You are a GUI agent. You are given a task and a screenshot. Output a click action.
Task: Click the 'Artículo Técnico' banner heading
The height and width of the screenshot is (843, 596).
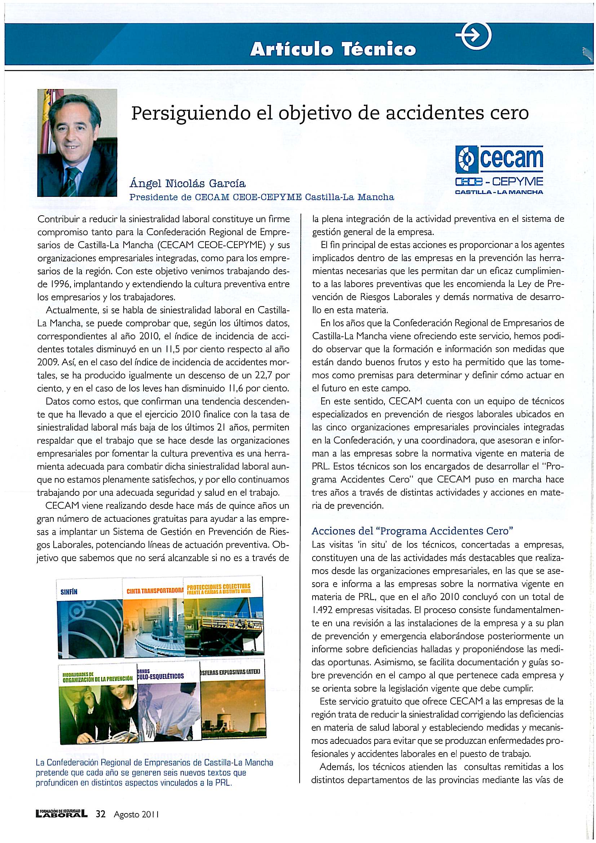[x=333, y=50]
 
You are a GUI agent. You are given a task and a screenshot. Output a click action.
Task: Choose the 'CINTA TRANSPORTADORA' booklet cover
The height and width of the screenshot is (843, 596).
[x=154, y=621]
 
